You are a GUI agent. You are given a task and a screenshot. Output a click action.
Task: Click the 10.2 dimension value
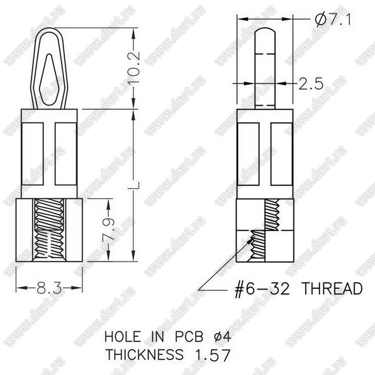click(x=134, y=68)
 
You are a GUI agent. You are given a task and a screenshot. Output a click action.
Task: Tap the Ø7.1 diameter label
click(x=333, y=19)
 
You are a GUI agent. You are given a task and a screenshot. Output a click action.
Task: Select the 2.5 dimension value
click(x=311, y=83)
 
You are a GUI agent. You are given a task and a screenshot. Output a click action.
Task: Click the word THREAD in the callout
click(x=332, y=288)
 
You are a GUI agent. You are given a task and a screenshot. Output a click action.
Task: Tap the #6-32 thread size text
click(x=262, y=289)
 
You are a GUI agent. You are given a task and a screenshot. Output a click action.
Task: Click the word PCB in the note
click(x=189, y=337)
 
